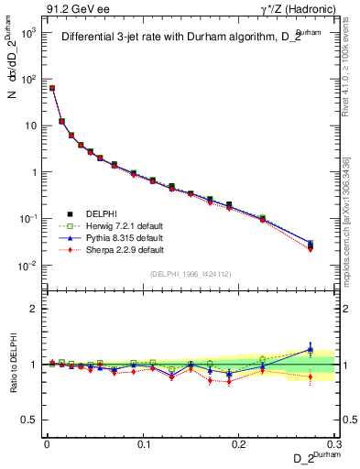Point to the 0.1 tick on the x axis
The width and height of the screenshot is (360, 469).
click(143, 442)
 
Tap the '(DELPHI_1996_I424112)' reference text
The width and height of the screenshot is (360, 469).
click(189, 273)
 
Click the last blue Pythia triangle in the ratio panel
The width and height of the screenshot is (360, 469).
click(310, 349)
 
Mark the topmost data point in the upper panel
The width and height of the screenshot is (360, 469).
click(52, 88)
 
